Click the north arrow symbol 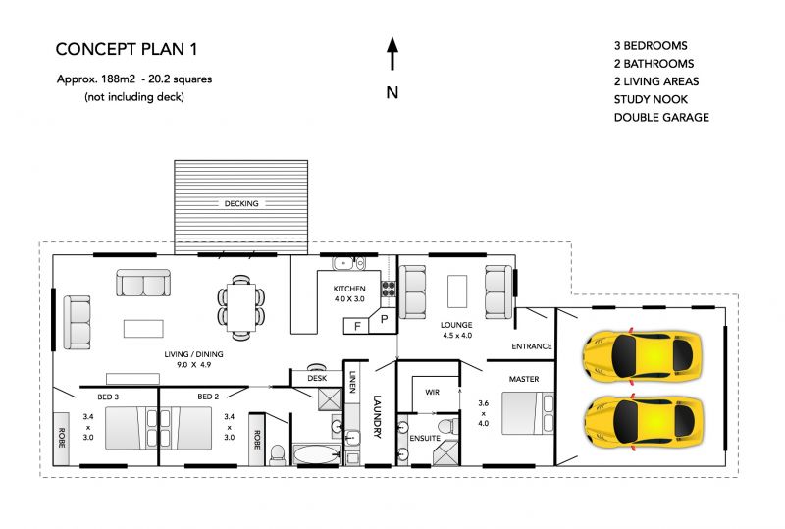pyautogui.click(x=392, y=54)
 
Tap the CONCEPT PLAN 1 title pyautogui.click(x=127, y=49)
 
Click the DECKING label pyautogui.click(x=241, y=203)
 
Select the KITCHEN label pyautogui.click(x=349, y=289)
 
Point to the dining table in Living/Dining pyautogui.click(x=241, y=307)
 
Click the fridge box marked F pyautogui.click(x=356, y=326)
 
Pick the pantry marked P pyautogui.click(x=384, y=320)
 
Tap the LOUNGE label pyautogui.click(x=456, y=325)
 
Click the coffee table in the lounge pyautogui.click(x=457, y=291)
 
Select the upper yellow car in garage pyautogui.click(x=643, y=356)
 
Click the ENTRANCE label pyautogui.click(x=532, y=346)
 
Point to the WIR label pyautogui.click(x=432, y=392)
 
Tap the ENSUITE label pyautogui.click(x=425, y=438)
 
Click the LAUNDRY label pyautogui.click(x=377, y=417)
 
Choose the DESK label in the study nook pyautogui.click(x=317, y=378)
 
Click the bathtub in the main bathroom pyautogui.click(x=316, y=454)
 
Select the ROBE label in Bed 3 pyautogui.click(x=62, y=438)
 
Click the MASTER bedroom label pyautogui.click(x=524, y=379)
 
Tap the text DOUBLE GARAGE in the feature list pyautogui.click(x=661, y=117)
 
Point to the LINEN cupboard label pyautogui.click(x=352, y=382)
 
